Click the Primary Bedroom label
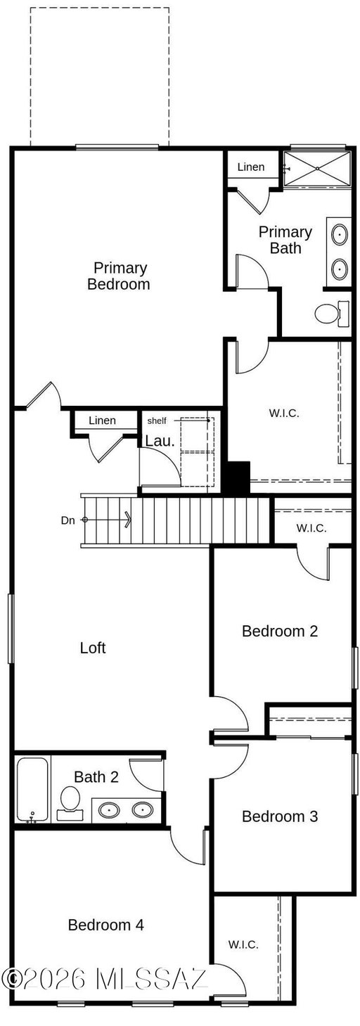tap(118, 276)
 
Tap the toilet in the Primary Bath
tap(332, 314)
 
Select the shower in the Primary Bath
tap(317, 169)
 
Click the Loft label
tap(93, 648)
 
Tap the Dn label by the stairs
tap(67, 520)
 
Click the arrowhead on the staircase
tap(128, 520)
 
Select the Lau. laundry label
tap(160, 441)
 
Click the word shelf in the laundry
tap(157, 421)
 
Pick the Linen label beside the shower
tap(250, 167)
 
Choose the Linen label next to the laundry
tap(102, 420)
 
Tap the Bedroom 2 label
tap(279, 631)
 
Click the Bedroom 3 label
tap(279, 816)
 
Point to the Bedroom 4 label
tap(105, 924)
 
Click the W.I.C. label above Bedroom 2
tap(311, 528)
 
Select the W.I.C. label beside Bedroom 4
tap(243, 944)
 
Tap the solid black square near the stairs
tap(238, 477)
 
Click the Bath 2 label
tap(96, 776)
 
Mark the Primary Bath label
tap(285, 240)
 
